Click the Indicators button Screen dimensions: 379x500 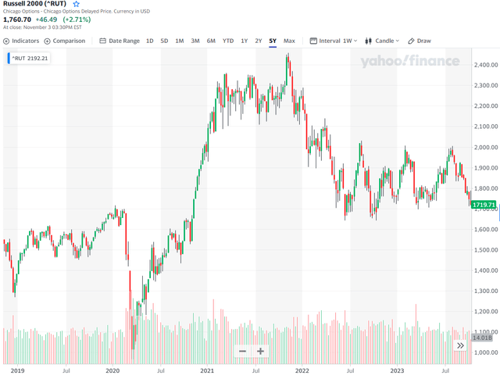22,41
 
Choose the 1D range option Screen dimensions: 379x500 150,41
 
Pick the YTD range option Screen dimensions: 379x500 227,41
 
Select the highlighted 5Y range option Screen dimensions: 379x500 272,41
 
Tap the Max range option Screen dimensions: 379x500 289,41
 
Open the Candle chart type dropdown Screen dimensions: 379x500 384,41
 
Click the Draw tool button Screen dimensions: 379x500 420,41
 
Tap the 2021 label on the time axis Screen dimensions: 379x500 207,372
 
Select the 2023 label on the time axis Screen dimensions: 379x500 398,372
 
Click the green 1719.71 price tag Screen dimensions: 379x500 484,204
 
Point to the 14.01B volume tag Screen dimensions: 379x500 484,338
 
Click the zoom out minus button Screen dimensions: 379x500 243,351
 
